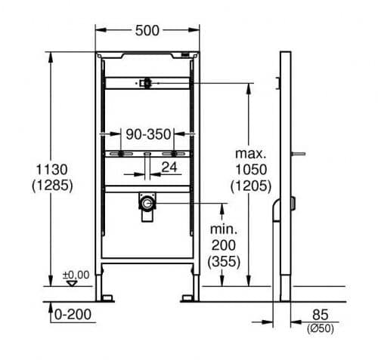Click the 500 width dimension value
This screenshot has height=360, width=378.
click(147, 31)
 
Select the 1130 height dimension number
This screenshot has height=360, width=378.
click(52, 169)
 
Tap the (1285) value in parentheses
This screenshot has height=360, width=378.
click(52, 186)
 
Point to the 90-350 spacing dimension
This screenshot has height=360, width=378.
click(148, 134)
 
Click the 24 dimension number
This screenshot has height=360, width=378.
click(169, 167)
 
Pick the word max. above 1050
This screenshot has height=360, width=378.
click(250, 153)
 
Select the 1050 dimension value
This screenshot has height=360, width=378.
click(251, 170)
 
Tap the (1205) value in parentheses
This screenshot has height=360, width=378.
click(251, 186)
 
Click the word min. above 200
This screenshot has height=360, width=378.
click(224, 229)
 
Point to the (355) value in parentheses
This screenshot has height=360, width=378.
click(224, 261)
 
